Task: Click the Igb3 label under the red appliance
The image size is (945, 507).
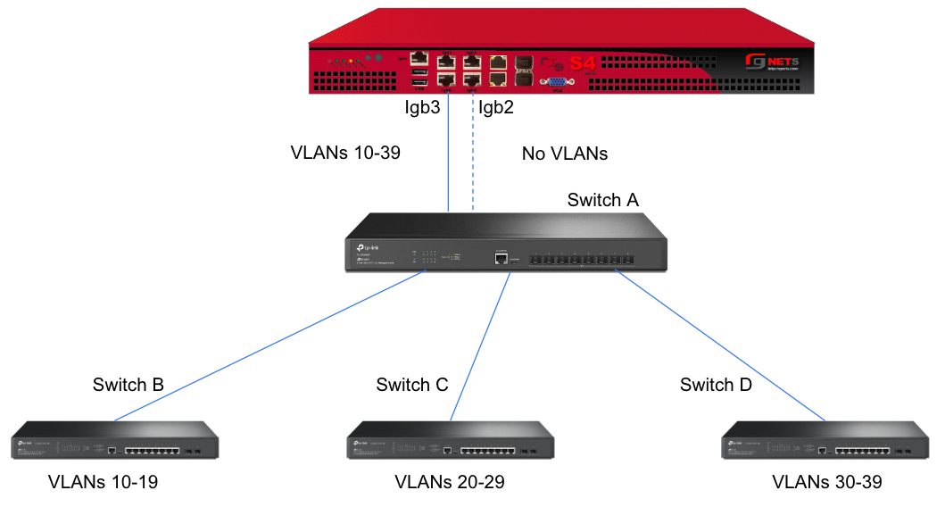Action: pos(425,108)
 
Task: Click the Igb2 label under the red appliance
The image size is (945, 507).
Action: pos(496,108)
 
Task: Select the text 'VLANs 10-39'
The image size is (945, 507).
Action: pos(345,153)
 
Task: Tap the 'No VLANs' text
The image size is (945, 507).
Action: pos(564,154)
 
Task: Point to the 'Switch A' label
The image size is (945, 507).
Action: pos(602,200)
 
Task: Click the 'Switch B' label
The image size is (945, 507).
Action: pos(128,385)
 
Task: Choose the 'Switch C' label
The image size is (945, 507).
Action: pos(411,385)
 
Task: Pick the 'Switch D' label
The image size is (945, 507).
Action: pos(716,385)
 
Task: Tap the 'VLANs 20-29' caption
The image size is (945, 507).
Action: pos(449,483)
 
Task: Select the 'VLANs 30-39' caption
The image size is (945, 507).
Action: pos(826,483)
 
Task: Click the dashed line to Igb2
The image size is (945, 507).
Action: pos(474,152)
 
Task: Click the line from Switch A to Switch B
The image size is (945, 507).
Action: pos(268,347)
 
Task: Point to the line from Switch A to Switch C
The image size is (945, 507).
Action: pos(481,347)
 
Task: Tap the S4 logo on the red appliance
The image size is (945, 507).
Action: pos(582,63)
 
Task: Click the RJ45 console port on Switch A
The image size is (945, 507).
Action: pos(502,258)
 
